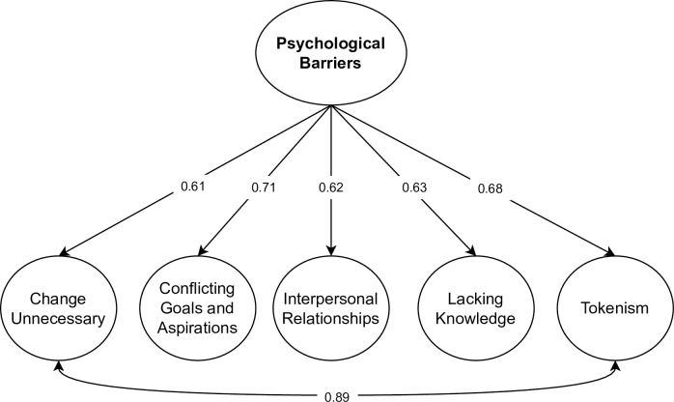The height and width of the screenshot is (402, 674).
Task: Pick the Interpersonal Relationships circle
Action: [x=332, y=307]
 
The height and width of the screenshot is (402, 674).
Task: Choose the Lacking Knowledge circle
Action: [x=470, y=307]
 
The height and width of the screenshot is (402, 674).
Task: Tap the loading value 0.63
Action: [x=413, y=187]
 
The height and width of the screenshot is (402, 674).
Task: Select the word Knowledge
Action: [x=470, y=317]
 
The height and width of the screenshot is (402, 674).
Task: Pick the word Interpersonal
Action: [x=332, y=297]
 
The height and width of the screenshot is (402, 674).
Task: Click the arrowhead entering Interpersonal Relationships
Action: [x=332, y=252]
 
